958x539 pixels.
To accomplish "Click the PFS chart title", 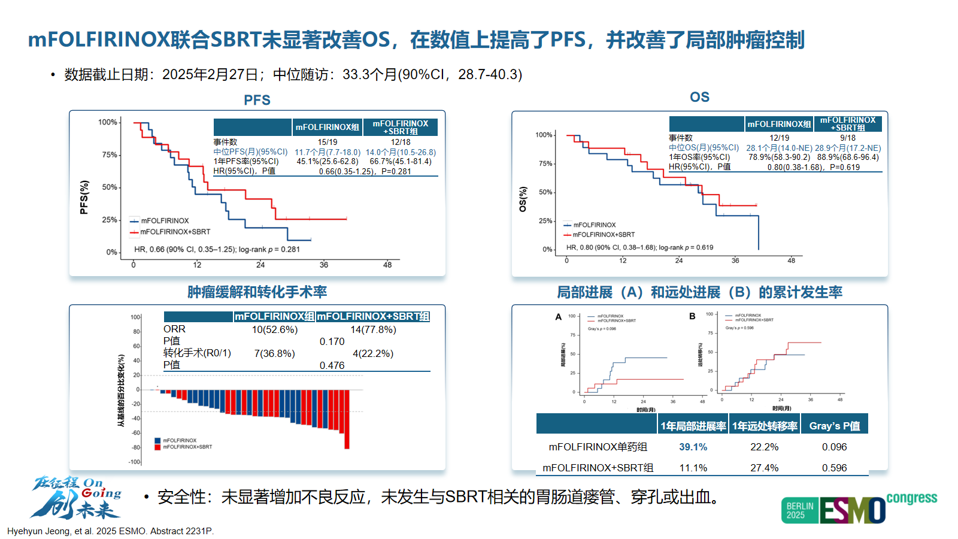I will point(257,100).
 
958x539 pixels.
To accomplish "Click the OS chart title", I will point(699,97).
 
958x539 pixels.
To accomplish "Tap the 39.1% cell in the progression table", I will point(693,447).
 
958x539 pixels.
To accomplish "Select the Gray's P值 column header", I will point(834,426).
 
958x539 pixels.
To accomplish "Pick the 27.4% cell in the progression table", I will point(764,468).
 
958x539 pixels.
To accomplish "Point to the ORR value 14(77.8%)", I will point(373,329).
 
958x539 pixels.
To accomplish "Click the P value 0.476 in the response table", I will point(332,365).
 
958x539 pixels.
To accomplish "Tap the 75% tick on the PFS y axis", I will point(110,155).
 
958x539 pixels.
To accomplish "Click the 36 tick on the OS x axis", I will point(735,261).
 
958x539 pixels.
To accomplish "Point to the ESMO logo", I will point(853,510).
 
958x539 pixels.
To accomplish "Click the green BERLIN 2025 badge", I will point(799,510).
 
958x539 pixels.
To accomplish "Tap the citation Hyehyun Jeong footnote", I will point(110,531).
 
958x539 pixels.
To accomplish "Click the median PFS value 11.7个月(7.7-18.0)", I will point(328,152).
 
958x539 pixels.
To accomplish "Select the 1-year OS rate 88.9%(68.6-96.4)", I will point(848,158).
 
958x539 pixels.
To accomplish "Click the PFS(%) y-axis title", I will point(84,197).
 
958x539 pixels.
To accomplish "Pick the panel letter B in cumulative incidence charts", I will point(692,316).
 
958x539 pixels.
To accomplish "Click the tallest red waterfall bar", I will point(347,419).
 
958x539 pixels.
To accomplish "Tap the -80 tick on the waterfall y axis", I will point(136,447).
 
